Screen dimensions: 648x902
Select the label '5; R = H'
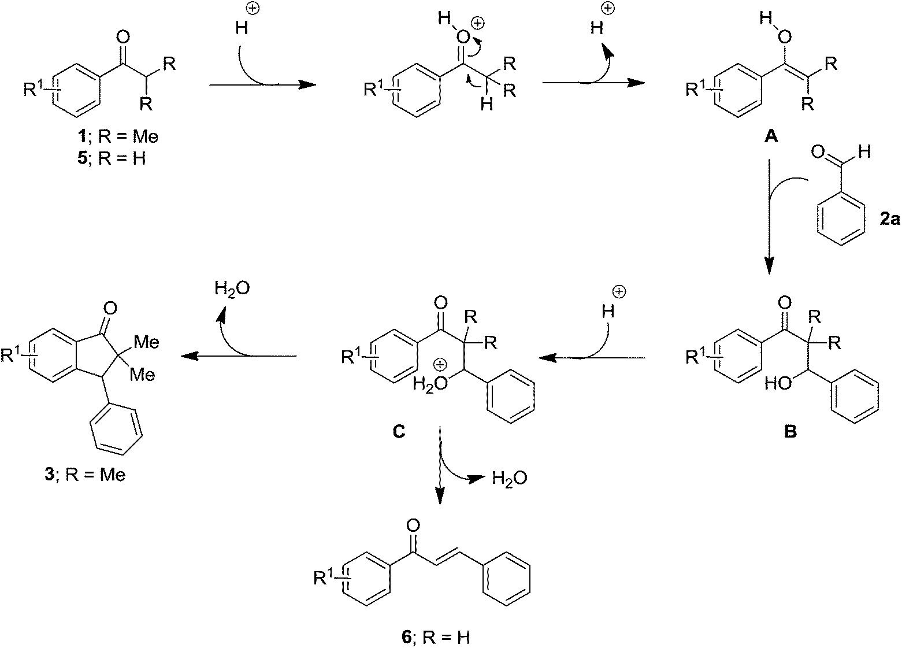tap(113, 158)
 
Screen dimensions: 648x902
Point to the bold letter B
tap(789, 431)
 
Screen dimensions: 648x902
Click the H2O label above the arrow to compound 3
tap(232, 288)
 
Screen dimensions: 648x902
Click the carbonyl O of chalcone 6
tap(412, 525)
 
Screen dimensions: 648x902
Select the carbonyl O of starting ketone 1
tap(122, 39)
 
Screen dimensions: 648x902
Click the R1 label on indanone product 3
tap(12, 354)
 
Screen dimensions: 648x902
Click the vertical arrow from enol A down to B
tap(769, 220)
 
